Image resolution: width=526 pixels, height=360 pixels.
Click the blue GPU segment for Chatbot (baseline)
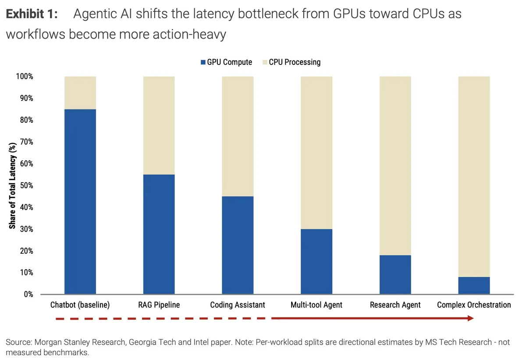coord(80,202)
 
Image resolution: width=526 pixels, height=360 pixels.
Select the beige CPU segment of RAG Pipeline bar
coord(159,125)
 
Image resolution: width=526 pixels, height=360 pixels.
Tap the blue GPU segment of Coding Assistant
coord(238,245)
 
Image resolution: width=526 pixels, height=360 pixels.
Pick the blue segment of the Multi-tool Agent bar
coord(316,261)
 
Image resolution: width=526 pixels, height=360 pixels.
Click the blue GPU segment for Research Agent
coord(395,274)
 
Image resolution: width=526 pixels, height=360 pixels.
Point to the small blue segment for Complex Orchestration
coord(474,285)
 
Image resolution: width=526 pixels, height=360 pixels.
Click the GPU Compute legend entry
coord(226,62)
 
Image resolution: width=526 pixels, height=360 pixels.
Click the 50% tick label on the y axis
coord(26,185)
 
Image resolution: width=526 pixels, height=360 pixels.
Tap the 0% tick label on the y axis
coord(28,294)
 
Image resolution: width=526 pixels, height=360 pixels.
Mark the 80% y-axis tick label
coord(26,120)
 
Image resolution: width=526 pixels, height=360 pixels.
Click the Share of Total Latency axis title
coord(12,185)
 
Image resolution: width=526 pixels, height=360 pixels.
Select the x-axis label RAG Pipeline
coord(159,305)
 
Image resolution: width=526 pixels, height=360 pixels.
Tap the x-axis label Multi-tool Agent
coord(316,305)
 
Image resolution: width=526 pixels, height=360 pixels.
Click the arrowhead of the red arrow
coord(471,318)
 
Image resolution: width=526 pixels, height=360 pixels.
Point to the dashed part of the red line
coord(162,318)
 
